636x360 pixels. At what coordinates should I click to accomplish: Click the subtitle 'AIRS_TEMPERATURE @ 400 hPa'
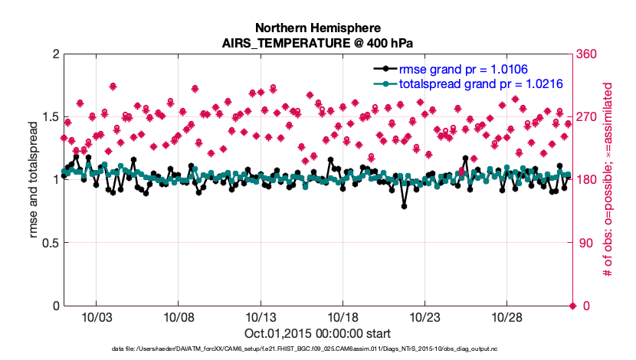click(x=317, y=43)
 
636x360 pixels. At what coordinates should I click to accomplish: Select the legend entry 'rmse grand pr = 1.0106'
click(x=458, y=69)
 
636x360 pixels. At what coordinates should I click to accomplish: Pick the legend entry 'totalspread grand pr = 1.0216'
click(x=477, y=83)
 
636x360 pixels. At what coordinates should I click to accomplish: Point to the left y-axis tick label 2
click(x=55, y=54)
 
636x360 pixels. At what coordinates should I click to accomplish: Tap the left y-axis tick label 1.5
click(x=50, y=117)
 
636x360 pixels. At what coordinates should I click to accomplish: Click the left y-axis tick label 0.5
click(x=50, y=243)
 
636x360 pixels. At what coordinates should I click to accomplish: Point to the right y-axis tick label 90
click(x=586, y=243)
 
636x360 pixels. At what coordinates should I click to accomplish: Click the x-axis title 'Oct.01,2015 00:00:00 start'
click(x=317, y=334)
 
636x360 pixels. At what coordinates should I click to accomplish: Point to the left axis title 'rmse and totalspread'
click(x=34, y=180)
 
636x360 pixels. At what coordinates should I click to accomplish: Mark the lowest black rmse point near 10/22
click(x=404, y=206)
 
